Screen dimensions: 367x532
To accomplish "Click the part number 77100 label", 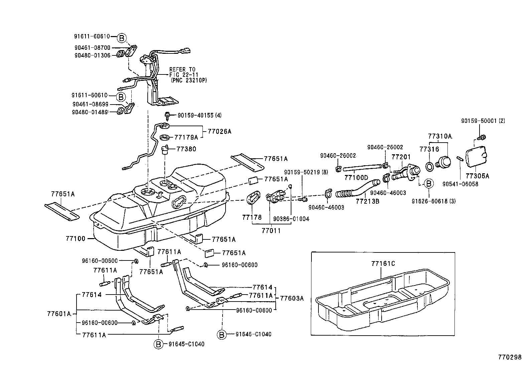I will click(75, 239).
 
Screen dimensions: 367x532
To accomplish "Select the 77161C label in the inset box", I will click(383, 263).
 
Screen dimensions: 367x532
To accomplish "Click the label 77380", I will click(186, 149).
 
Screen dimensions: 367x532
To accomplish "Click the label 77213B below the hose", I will click(367, 201).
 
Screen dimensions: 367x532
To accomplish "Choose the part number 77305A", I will click(477, 176).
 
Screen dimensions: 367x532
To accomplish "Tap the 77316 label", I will click(429, 150).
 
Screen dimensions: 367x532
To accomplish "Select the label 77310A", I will click(440, 136).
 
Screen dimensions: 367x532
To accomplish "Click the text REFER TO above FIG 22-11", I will click(182, 69).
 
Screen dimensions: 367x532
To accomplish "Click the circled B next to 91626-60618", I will click(428, 183).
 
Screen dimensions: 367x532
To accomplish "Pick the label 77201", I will click(401, 157).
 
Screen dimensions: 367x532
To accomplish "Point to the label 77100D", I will click(356, 177).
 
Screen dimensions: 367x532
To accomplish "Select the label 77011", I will click(271, 230).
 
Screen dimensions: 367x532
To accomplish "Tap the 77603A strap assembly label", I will click(291, 298).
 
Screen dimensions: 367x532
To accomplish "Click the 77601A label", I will click(59, 314).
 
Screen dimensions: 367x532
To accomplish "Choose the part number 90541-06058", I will click(460, 184).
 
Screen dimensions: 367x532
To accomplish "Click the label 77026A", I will click(219, 131).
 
